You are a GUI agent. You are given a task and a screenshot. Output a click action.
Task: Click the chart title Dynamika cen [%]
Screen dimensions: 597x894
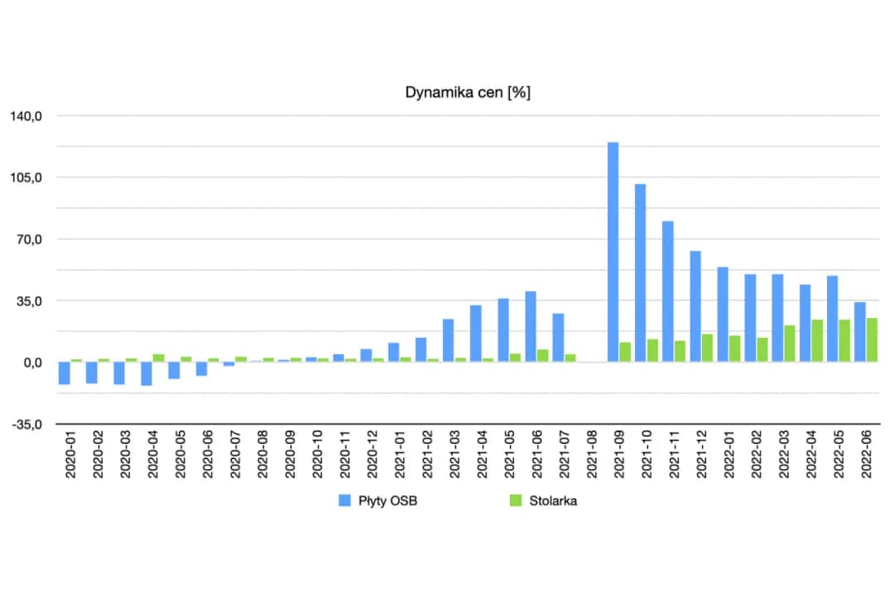point(468,93)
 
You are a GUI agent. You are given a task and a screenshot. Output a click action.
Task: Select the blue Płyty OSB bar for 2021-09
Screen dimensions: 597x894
point(613,252)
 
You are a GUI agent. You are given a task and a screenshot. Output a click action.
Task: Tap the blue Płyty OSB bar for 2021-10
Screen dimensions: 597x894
point(641,272)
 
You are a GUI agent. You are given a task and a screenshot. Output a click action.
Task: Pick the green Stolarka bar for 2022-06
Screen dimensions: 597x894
point(872,339)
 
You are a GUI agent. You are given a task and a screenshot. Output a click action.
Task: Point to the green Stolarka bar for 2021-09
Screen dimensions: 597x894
point(625,352)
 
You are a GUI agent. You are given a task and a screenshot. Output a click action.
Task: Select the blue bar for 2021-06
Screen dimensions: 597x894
point(531,326)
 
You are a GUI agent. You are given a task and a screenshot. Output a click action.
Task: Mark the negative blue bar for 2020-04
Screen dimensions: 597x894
point(147,373)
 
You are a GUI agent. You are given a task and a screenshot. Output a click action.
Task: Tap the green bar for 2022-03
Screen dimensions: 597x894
point(790,344)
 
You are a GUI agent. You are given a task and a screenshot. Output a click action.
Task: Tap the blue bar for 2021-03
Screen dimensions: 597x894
point(449,340)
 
